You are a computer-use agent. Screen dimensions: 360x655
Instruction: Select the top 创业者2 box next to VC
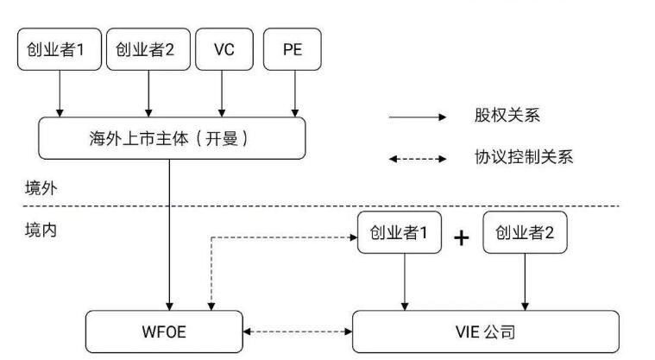point(148,50)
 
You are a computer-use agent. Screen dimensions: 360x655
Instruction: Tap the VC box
point(224,50)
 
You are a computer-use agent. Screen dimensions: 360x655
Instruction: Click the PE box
point(293,50)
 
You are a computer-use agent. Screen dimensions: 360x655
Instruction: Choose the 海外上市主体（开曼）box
point(172,138)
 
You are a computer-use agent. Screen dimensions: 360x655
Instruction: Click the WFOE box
point(166,332)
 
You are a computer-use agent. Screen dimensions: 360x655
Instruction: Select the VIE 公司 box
point(486,332)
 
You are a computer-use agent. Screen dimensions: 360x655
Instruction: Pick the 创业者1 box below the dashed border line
point(400,233)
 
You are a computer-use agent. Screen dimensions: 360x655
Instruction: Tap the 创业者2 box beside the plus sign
point(525,233)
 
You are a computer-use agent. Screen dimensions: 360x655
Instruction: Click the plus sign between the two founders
point(462,237)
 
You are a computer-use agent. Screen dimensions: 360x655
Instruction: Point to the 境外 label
point(40,187)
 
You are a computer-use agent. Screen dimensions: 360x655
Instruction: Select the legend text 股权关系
point(507,116)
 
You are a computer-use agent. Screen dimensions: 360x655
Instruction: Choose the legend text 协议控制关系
point(523,157)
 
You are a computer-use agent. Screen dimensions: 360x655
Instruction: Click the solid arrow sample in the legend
point(417,117)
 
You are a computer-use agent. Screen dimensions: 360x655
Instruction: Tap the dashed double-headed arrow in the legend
point(417,158)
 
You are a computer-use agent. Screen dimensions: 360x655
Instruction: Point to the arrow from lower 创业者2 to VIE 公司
point(526,282)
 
